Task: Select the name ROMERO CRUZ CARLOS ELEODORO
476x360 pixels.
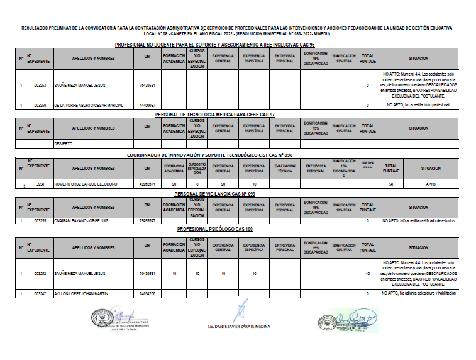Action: point(86,184)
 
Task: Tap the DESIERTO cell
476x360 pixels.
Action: point(64,144)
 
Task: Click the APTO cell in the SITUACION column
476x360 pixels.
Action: point(431,184)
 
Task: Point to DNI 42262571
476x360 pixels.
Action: point(147,184)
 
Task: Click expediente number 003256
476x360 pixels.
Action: point(40,105)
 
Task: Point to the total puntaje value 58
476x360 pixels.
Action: point(391,184)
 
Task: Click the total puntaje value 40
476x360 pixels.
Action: point(367,274)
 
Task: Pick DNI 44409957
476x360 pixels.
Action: point(147,105)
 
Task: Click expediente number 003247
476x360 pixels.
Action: point(40,294)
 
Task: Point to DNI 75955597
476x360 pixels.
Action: point(147,221)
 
